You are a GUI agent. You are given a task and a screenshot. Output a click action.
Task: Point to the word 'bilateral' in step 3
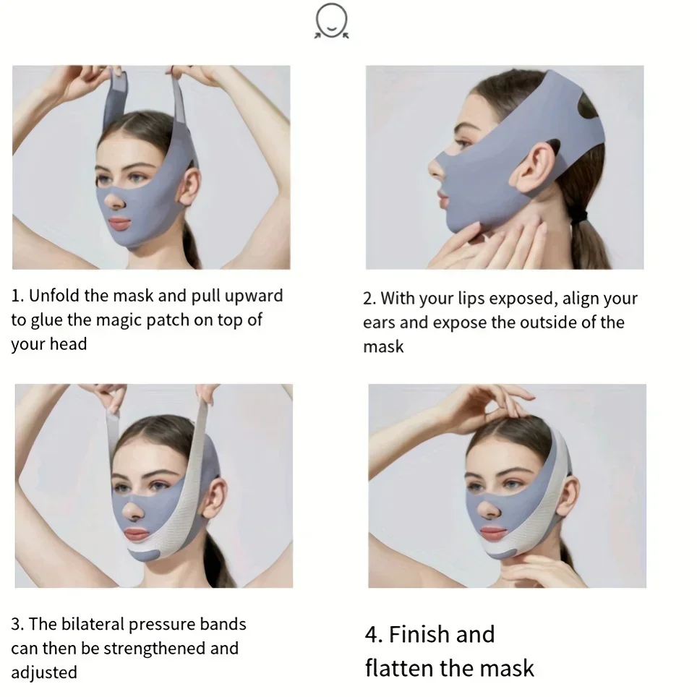coord(90,624)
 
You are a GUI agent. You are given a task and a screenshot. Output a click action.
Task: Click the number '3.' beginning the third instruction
coord(17,624)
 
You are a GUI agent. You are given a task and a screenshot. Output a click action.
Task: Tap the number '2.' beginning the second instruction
coord(369,299)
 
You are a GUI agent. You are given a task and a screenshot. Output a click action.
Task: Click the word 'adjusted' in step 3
coord(43,672)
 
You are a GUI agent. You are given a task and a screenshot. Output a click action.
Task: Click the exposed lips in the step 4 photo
coord(493,533)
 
